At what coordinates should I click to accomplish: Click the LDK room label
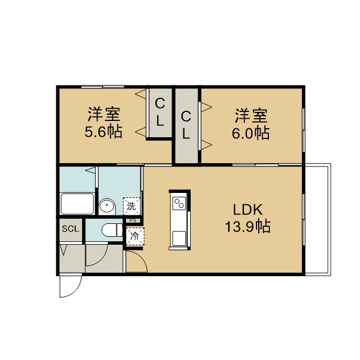tap(247, 209)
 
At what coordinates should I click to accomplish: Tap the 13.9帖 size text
tap(247, 226)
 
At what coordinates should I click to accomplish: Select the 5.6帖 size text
tap(103, 132)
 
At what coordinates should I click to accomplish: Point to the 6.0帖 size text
tap(250, 133)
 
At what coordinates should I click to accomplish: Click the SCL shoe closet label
tap(70, 229)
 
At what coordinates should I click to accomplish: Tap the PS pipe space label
tap(133, 220)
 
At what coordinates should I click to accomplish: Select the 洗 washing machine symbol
tap(131, 206)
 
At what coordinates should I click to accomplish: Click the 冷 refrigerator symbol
tap(135, 236)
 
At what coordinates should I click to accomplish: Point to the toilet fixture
tap(112, 230)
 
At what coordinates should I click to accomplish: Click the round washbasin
tap(107, 206)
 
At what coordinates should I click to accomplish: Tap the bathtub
tap(77, 204)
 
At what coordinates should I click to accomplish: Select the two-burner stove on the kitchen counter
tap(179, 203)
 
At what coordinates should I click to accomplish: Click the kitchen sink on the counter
tap(179, 238)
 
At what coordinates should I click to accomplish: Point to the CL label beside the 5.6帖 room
tap(160, 112)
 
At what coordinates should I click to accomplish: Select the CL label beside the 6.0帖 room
tap(186, 125)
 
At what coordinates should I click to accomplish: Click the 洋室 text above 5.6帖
tap(104, 114)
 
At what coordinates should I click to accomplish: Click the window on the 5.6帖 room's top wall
tap(102, 87)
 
